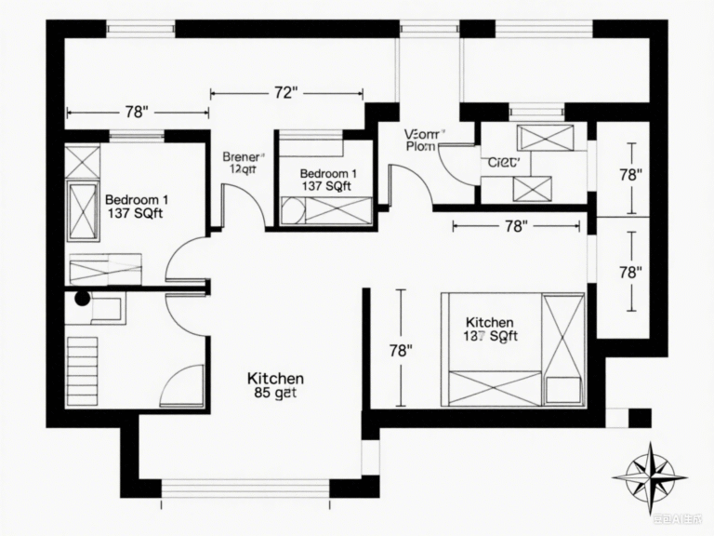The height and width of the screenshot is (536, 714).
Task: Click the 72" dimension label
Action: (285, 93)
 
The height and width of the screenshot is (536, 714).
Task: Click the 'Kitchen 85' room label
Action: (274, 385)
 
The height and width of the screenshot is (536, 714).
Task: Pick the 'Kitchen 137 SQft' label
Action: (490, 328)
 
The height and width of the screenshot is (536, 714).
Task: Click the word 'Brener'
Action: (243, 156)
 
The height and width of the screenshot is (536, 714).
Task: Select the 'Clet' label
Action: (502, 161)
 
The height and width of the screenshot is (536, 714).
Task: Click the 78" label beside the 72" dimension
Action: (136, 113)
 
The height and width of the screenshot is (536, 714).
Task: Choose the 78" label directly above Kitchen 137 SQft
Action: (515, 225)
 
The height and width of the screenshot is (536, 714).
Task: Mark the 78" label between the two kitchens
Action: (400, 351)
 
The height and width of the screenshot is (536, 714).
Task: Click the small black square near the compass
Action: (640, 417)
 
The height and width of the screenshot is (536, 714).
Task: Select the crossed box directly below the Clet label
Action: (532, 188)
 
